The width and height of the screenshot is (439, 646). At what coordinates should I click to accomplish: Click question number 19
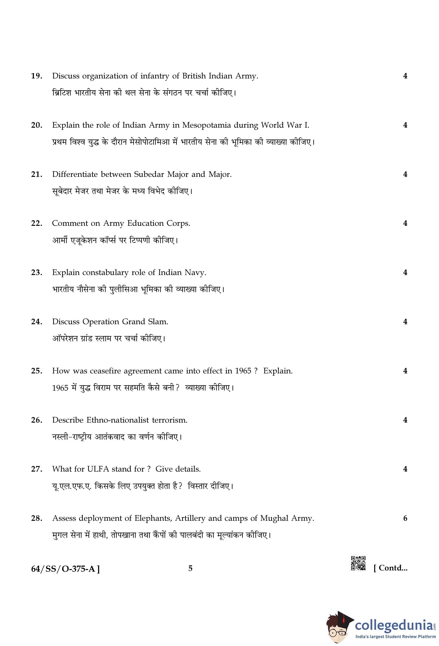(x=36, y=76)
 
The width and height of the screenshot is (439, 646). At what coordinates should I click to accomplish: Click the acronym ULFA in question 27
(x=98, y=469)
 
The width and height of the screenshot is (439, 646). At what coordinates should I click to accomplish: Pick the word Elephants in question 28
(x=153, y=518)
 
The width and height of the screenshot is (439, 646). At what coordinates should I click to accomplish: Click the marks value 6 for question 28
(x=405, y=518)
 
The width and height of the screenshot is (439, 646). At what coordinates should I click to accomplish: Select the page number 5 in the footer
(x=190, y=568)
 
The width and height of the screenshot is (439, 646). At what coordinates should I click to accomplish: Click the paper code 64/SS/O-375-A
(x=65, y=569)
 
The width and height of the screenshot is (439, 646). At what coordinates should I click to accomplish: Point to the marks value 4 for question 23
(x=405, y=273)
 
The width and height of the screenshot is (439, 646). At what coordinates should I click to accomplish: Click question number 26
(x=36, y=420)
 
